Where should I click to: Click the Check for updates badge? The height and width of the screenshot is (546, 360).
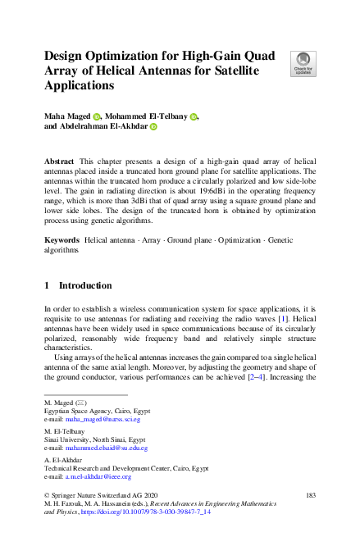303,64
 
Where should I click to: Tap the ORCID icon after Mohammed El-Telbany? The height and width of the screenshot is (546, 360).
194,117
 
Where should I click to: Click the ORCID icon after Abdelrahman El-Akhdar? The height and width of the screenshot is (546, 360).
153,127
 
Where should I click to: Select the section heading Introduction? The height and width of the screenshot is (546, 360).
84,285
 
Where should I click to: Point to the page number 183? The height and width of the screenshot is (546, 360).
310,495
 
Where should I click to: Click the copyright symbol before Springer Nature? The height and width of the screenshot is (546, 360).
46,495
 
